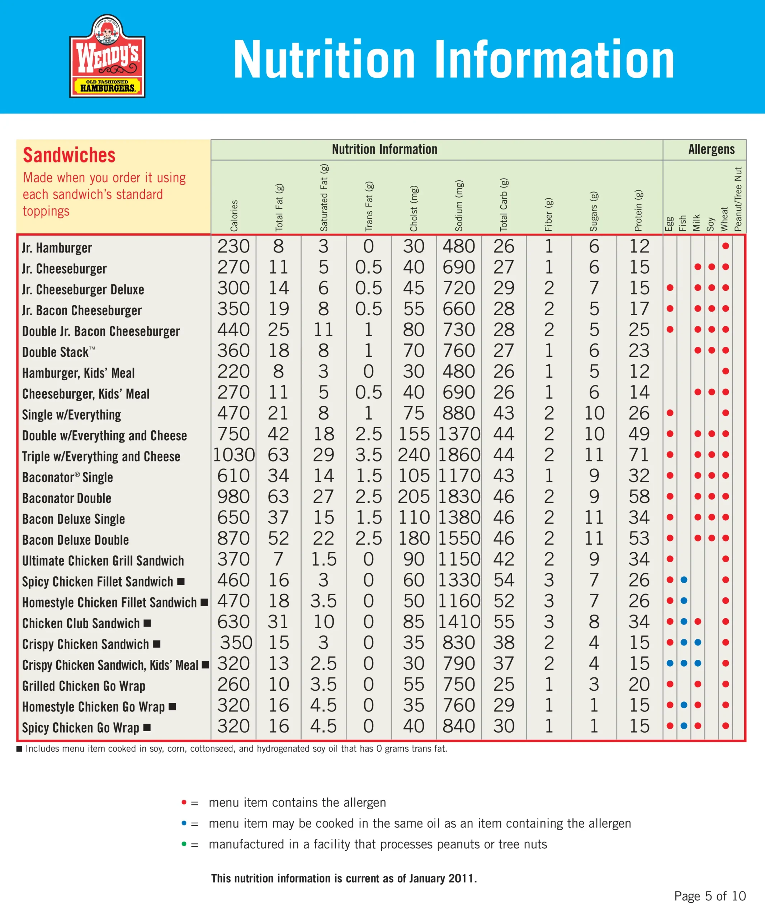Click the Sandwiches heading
69,155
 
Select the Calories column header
234,215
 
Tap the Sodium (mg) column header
459,205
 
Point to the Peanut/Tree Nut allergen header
738,199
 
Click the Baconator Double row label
67,498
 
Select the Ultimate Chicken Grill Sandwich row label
103,561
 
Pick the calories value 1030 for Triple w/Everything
233,455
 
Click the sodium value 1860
459,455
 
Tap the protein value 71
639,455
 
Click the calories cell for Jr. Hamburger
233,247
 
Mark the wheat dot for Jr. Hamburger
726,246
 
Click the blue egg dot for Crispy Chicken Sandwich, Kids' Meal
670,663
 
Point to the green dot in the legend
184,844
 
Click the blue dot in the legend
184,823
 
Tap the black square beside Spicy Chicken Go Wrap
147,727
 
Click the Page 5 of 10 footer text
710,896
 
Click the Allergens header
711,150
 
